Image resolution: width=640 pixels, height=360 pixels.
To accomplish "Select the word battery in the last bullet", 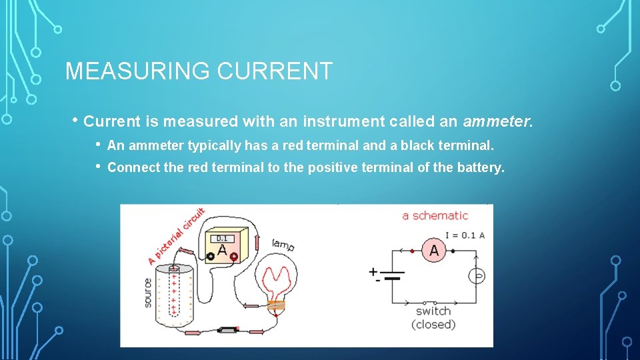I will (x=480, y=167).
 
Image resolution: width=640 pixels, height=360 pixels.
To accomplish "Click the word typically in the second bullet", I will (x=215, y=145).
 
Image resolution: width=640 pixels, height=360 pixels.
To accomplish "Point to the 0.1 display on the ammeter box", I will (x=222, y=238).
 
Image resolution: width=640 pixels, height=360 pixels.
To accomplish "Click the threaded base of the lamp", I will (x=275, y=307).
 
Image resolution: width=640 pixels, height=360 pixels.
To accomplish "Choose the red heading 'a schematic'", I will (x=435, y=215).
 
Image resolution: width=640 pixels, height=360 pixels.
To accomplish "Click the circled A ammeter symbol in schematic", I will (x=435, y=251).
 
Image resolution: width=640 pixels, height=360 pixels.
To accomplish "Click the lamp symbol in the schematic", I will (x=477, y=275).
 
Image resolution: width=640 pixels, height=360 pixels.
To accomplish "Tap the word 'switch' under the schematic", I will (x=433, y=311).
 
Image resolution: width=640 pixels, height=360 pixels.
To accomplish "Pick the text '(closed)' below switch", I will (x=433, y=325).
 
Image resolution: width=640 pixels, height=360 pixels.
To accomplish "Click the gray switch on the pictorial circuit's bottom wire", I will (x=229, y=330).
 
